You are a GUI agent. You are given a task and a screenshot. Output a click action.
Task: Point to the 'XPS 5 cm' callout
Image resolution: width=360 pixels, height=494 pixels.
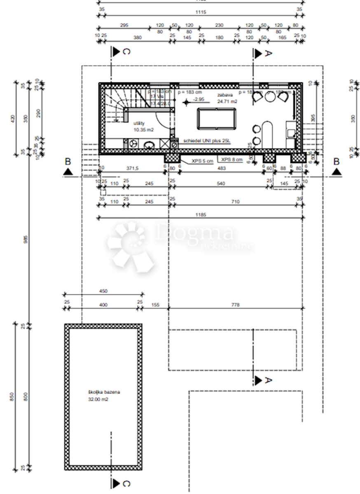point(203,161)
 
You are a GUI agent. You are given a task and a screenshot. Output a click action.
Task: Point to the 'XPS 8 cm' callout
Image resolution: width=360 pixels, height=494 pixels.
point(232,159)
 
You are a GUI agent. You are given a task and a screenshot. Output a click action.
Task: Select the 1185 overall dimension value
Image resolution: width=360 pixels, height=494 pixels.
point(201,215)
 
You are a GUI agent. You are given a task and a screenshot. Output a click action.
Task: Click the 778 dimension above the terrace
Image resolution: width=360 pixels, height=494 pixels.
point(236,305)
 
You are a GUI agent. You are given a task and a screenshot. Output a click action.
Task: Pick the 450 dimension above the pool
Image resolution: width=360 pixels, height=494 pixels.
point(103,291)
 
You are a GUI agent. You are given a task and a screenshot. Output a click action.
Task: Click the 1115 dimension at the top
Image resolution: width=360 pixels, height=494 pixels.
point(201,12)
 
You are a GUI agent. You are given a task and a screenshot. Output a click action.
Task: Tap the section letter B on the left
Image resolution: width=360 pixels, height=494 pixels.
point(68,161)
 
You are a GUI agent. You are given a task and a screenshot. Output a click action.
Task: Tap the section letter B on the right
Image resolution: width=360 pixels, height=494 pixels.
point(337,161)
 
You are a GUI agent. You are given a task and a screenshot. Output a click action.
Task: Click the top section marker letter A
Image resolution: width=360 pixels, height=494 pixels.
point(268,53)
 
